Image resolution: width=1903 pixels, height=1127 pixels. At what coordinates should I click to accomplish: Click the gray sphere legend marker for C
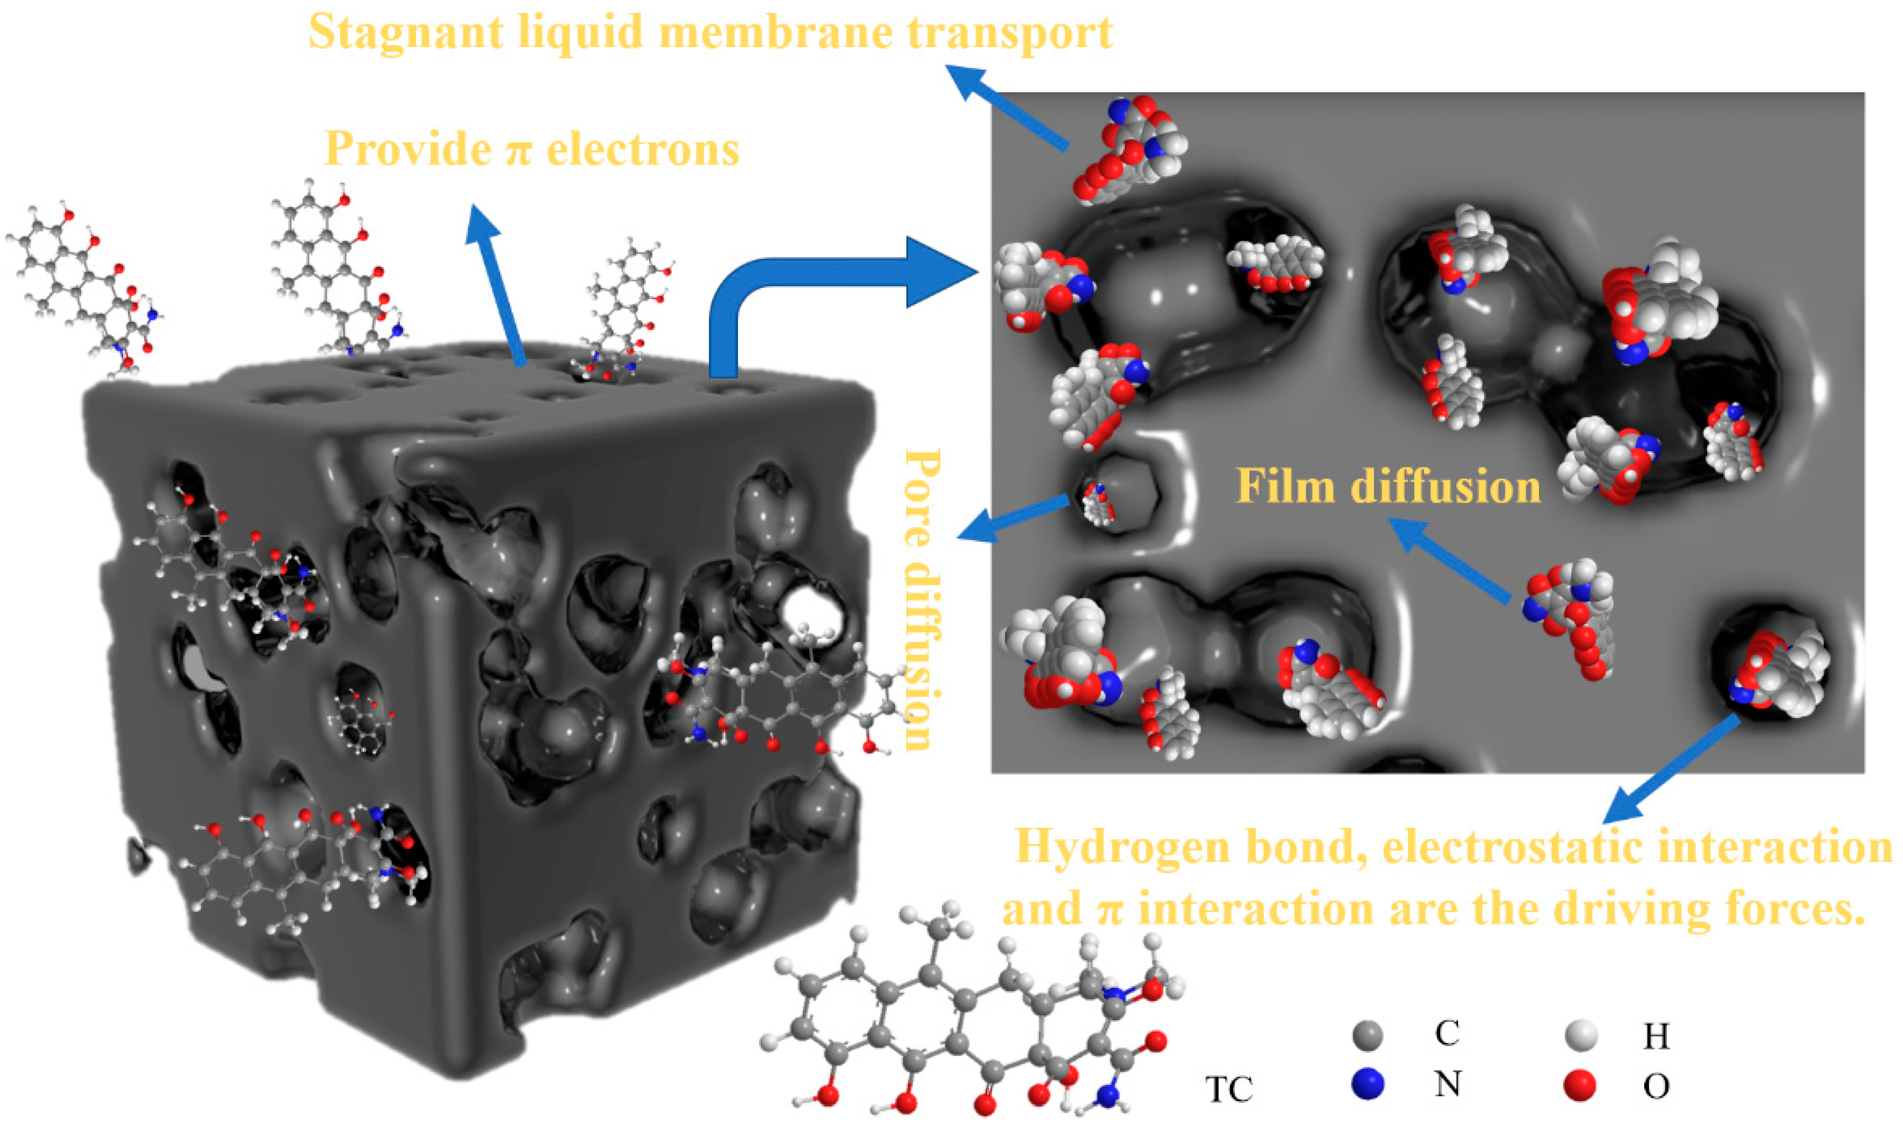[x=1368, y=1034]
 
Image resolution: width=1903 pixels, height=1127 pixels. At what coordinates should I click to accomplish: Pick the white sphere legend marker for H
[x=1581, y=1034]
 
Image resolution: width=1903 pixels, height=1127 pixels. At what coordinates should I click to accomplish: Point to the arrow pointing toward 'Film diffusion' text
[x=1450, y=562]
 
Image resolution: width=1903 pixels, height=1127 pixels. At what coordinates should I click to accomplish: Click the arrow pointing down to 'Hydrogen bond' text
[x=1671, y=771]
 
